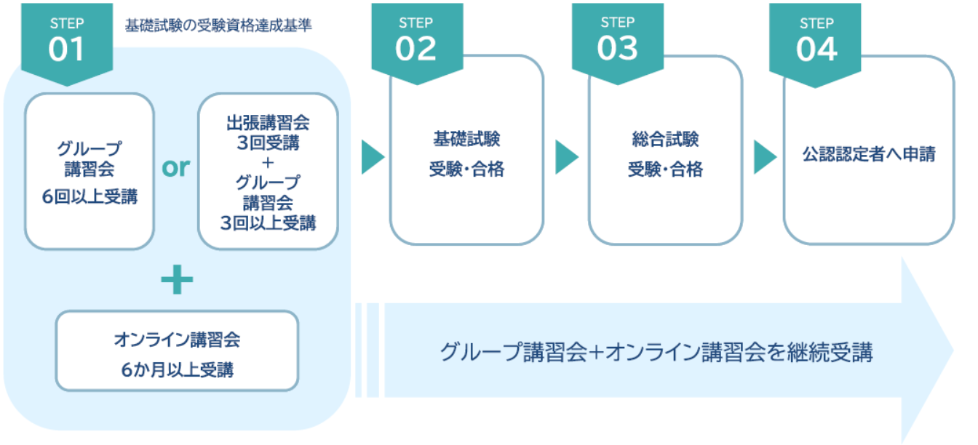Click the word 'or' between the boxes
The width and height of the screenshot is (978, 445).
click(176, 168)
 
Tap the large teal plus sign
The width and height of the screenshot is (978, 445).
click(177, 281)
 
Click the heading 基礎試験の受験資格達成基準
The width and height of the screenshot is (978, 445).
click(218, 26)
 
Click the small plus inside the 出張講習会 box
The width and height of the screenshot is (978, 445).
click(268, 162)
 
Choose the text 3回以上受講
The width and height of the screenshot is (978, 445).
click(268, 223)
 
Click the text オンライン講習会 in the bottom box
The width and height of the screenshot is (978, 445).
click(177, 340)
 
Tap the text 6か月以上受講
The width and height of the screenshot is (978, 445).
click(177, 369)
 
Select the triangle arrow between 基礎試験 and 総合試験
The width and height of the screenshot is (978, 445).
click(566, 157)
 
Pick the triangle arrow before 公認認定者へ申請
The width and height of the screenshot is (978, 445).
click(764, 157)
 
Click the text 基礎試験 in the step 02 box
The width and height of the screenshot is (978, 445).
click(466, 138)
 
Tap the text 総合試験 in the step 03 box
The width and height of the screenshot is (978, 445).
click(665, 138)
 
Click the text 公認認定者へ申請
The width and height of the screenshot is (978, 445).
click(869, 154)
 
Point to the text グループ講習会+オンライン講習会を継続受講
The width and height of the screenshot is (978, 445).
click(656, 353)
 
